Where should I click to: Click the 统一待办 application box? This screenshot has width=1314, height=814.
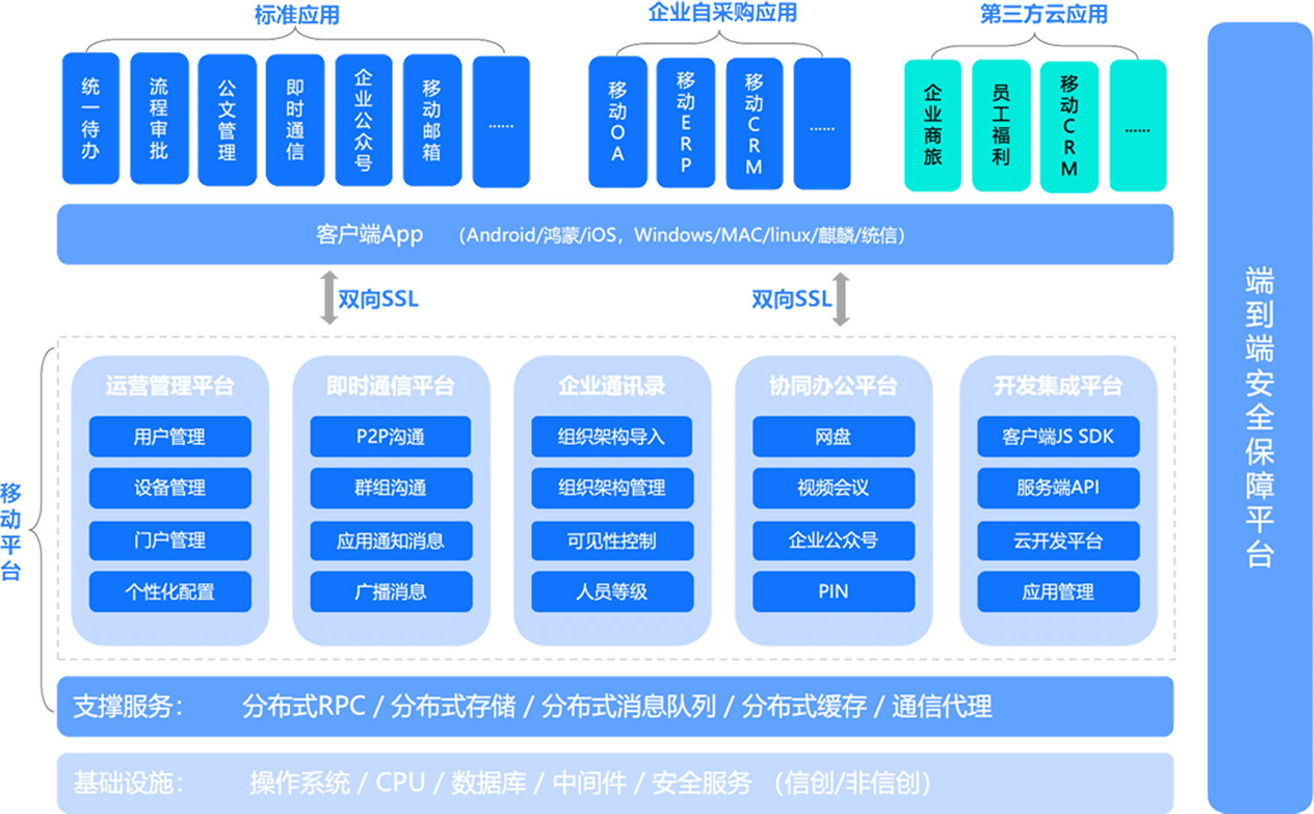90,119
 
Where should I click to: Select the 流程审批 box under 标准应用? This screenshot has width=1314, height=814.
159,119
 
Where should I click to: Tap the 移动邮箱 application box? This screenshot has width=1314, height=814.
432,120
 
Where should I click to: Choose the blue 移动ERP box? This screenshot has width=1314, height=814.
685,122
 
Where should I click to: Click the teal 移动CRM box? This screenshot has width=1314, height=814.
1068,125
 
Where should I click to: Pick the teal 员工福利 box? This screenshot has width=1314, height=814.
1001,125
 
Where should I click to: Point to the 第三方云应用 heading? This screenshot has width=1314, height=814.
1044,14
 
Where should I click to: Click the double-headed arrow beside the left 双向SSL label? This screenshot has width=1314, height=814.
328,298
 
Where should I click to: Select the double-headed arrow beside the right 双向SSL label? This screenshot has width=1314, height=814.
841,299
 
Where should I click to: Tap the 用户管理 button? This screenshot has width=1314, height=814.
170,436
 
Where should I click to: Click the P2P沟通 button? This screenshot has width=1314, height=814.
391,436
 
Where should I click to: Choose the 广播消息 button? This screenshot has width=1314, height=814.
391,592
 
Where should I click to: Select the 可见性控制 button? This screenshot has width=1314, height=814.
612,541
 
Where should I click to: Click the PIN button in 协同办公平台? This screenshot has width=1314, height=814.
833,592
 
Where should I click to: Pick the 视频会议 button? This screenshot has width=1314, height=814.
833,488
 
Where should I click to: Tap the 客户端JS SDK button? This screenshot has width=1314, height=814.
1058,436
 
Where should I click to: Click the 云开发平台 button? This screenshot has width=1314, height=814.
1058,541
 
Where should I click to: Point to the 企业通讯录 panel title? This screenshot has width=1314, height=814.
612,386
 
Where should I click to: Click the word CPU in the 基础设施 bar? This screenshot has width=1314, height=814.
400,782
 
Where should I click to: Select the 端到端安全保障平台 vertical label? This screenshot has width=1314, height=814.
1259,417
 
